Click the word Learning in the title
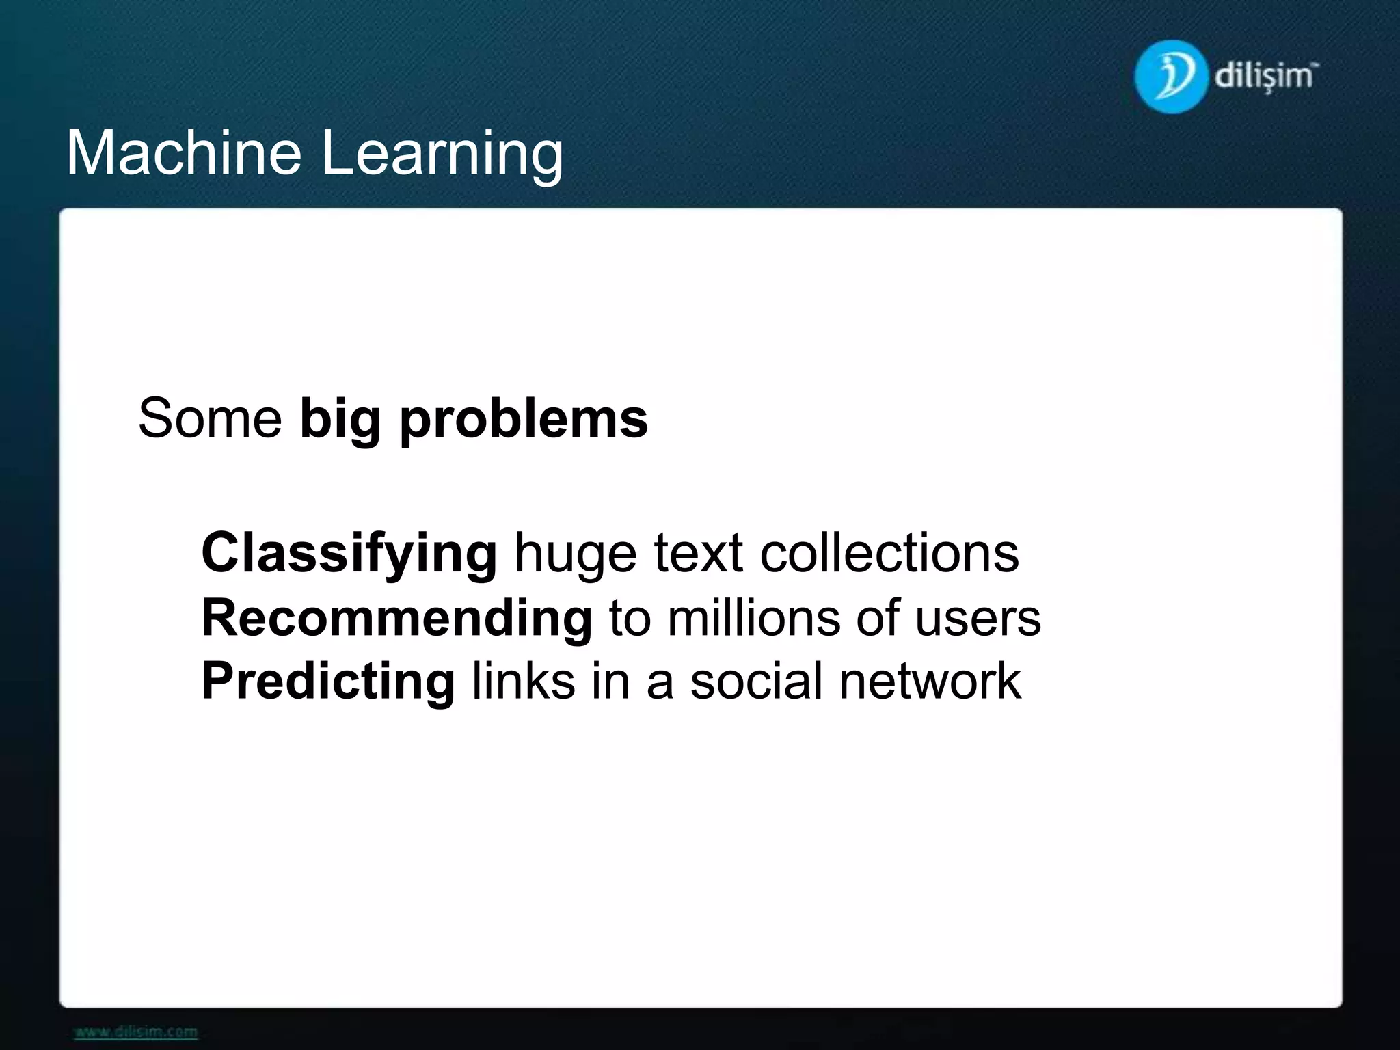[442, 154]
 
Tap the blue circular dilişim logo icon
[1170, 77]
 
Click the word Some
[210, 418]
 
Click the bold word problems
[524, 420]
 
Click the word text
[698, 552]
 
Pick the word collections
[889, 552]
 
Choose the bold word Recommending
[396, 618]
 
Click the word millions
[753, 618]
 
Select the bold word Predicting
[328, 682]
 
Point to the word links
[524, 681]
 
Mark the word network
[930, 681]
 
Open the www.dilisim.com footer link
[136, 1032]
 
